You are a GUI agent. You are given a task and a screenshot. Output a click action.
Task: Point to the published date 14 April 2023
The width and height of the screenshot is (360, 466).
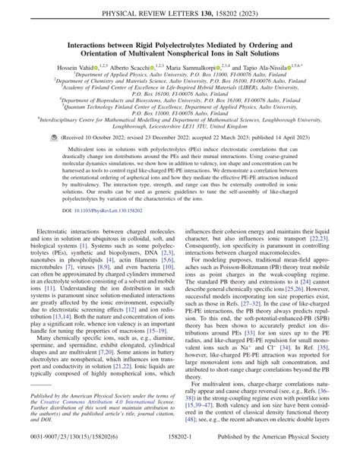click(x=292, y=138)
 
